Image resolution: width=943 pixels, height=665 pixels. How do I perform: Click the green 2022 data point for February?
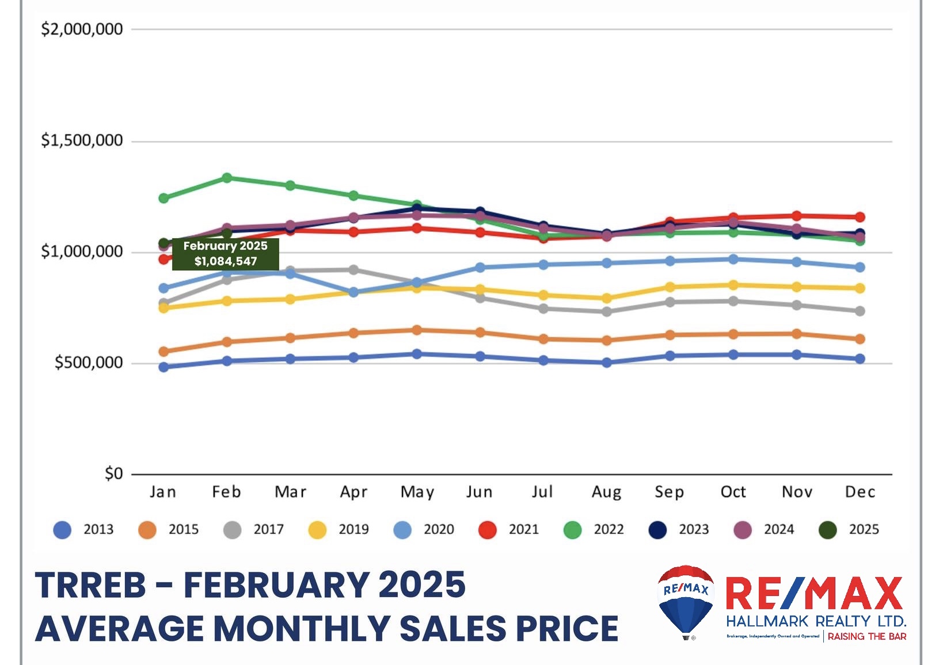(x=227, y=178)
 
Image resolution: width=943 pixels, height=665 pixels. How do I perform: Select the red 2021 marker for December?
(x=860, y=217)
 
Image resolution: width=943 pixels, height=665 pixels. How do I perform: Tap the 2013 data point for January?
(x=163, y=367)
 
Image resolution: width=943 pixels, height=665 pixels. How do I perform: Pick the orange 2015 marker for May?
(x=417, y=330)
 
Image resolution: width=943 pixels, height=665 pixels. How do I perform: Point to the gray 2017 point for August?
(x=606, y=312)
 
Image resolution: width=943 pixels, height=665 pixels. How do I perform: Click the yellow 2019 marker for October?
(x=733, y=285)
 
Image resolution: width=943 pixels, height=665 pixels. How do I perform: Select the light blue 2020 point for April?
(x=353, y=292)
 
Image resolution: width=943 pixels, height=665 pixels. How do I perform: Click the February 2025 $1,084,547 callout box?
(x=226, y=254)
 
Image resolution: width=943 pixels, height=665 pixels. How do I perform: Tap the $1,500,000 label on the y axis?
(x=82, y=140)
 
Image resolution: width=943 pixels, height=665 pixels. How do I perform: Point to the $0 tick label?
(x=113, y=474)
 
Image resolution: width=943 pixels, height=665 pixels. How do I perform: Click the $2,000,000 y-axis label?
(x=82, y=29)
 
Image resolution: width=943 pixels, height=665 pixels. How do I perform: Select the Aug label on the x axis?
(x=606, y=492)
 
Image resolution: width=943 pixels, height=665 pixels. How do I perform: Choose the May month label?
(x=417, y=492)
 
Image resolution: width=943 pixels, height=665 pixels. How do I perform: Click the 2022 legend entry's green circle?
(x=572, y=530)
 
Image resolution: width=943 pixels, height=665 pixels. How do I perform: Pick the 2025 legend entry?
(x=849, y=530)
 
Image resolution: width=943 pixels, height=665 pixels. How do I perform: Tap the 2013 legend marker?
(x=62, y=530)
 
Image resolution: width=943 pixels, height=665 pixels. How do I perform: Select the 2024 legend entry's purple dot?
(x=743, y=530)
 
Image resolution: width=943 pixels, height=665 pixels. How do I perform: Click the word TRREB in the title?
(x=91, y=586)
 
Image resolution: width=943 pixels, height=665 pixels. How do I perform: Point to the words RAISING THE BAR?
(x=866, y=637)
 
